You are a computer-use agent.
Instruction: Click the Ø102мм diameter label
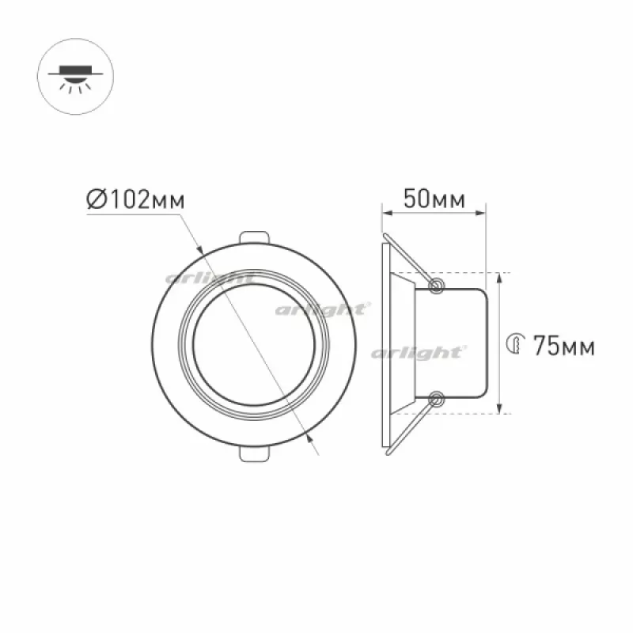coord(135,199)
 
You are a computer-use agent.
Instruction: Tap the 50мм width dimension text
coord(434,199)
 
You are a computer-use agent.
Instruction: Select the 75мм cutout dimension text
coord(564,346)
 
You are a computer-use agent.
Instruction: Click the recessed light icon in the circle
coord(75,78)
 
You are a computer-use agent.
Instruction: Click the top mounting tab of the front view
coord(254,237)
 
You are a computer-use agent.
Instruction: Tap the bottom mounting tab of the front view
coord(254,454)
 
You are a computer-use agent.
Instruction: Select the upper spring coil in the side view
coord(436,286)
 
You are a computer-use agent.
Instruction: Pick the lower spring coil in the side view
coord(436,400)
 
